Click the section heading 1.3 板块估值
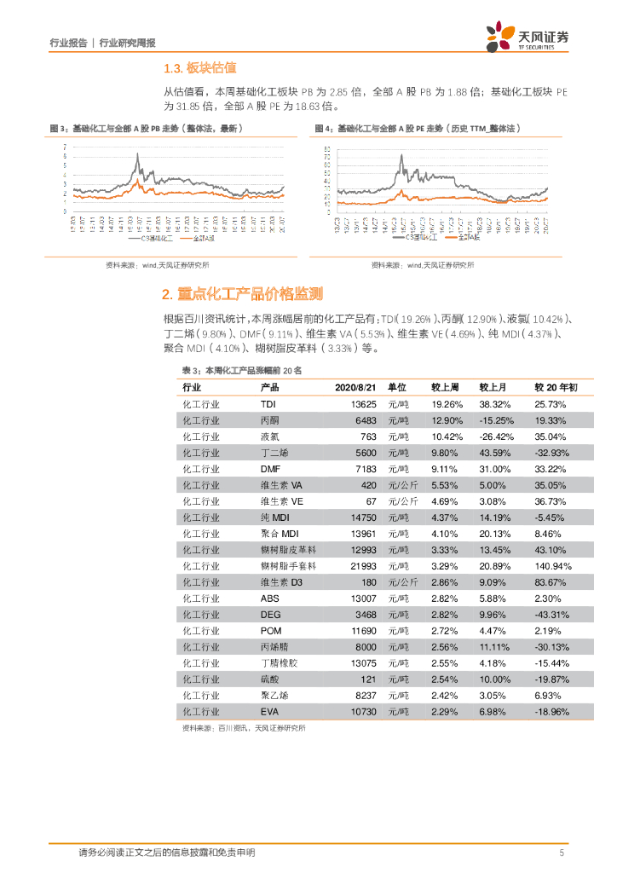[x=199, y=68]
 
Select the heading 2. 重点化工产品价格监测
[x=242, y=294]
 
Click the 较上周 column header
[x=446, y=387]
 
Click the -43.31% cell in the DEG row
[x=549, y=614]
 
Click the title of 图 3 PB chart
[x=148, y=128]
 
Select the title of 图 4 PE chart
[x=418, y=128]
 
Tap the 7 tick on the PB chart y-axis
[x=66, y=147]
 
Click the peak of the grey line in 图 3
[x=138, y=155]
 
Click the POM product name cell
[x=270, y=630]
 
